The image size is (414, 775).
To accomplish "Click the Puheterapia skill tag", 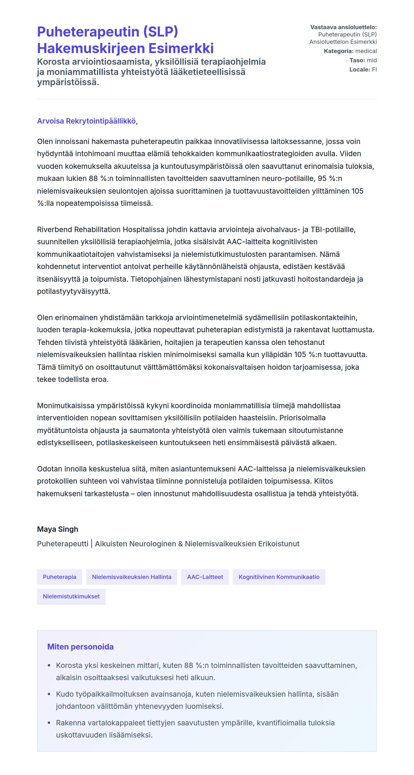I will click(x=59, y=577).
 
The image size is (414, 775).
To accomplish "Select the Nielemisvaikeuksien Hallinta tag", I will click(x=132, y=577).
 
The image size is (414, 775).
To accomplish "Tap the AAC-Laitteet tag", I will click(x=205, y=577).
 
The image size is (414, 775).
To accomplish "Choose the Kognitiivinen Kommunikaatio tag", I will click(x=279, y=577).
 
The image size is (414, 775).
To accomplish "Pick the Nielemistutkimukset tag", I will click(x=71, y=596).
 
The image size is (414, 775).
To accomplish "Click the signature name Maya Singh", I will click(x=57, y=529).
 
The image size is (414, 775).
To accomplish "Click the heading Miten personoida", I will click(x=80, y=647).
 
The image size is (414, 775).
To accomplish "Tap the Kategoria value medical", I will click(x=366, y=51).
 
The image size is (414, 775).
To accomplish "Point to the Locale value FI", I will click(x=374, y=70).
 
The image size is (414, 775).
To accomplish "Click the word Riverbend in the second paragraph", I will click(x=55, y=230).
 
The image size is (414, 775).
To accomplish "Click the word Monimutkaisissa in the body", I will click(x=66, y=406).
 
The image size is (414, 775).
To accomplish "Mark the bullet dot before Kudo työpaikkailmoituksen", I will click(x=49, y=694).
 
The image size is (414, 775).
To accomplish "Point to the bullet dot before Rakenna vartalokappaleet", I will click(x=49, y=723).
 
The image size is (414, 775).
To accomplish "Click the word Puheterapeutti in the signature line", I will click(x=63, y=544).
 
